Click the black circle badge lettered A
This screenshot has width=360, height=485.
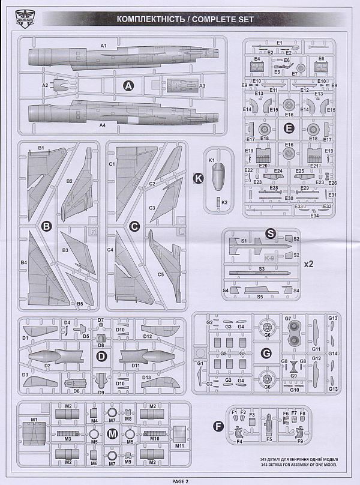click(128, 86)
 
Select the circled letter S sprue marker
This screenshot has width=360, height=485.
click(271, 234)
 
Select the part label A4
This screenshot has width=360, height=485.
click(102, 125)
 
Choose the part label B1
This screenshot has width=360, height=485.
click(41, 148)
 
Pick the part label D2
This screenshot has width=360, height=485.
click(47, 364)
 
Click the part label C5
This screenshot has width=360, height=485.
click(161, 274)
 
